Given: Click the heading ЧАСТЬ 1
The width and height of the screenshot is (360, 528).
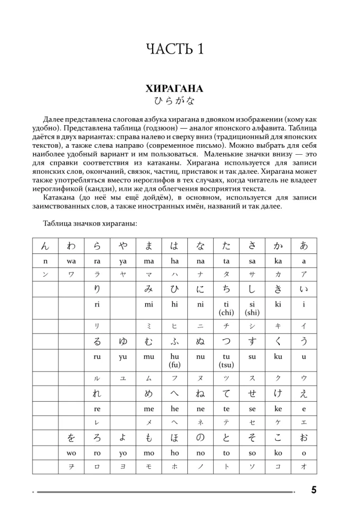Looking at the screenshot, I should click(174, 50).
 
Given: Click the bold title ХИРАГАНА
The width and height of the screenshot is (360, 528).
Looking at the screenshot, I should click(174, 89).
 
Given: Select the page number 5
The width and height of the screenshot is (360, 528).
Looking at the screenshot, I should click(314, 490).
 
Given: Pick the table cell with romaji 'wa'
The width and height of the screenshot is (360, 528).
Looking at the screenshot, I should click(71, 261).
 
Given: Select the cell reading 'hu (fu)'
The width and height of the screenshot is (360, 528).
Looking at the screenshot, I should click(174, 360).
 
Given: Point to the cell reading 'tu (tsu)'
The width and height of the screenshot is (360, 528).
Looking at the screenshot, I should click(226, 360).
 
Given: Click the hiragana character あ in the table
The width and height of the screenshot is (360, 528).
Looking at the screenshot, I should click(304, 246).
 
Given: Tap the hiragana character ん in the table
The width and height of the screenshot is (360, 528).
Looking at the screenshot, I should click(45, 246).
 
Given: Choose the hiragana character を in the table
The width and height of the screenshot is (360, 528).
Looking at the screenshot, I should click(71, 438).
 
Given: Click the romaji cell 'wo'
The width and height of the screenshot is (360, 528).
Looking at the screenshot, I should click(71, 453).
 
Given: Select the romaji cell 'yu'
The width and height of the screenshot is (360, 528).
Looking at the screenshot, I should click(123, 356).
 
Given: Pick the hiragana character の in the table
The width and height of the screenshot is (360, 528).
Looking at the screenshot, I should click(200, 438).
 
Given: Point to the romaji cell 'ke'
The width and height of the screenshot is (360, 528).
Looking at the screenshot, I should click(278, 409).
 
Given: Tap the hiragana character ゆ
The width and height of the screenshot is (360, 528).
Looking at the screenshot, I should click(123, 341).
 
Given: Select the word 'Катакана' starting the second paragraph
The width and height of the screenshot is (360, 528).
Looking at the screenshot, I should click(59, 197).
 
